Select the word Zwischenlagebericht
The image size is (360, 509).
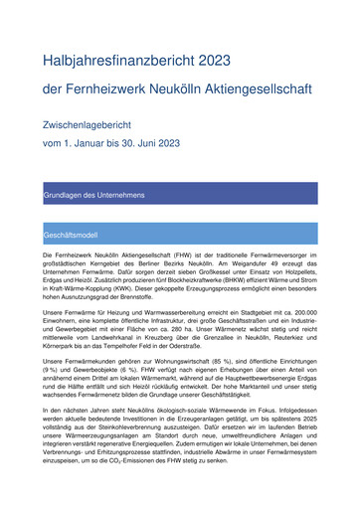click(109, 127)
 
